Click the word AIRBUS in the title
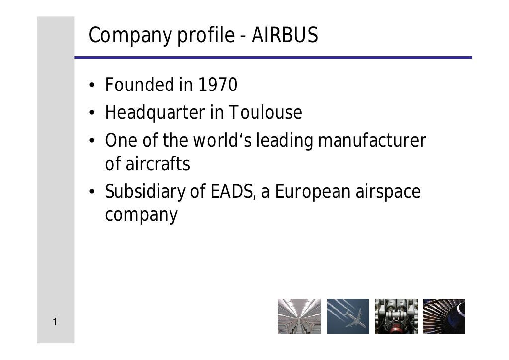tap(285, 36)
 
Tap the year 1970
tap(217, 86)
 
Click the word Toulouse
tap(265, 113)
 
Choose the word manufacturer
tap(371, 141)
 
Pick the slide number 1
tap(55, 323)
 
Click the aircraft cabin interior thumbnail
tap(299, 316)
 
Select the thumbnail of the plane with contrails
tap(347, 316)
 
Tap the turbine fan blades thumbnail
tap(443, 316)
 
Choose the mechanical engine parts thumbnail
tap(396, 316)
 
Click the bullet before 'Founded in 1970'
tap(92, 87)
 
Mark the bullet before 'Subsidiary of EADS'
tap(92, 193)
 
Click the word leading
tap(284, 141)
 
